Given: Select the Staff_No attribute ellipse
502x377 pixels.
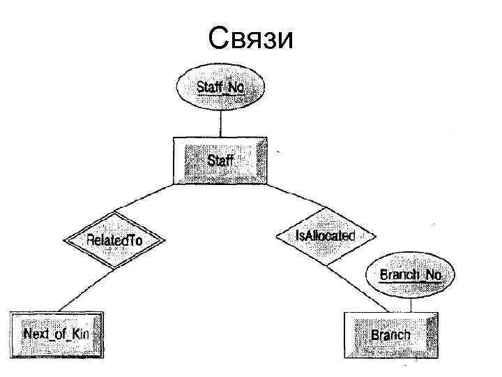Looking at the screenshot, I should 220,87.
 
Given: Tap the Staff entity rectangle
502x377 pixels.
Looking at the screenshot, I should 220,161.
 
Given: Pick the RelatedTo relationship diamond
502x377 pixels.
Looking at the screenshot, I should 114,240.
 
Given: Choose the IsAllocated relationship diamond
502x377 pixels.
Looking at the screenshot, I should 325,235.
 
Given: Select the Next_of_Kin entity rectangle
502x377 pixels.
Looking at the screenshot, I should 56,334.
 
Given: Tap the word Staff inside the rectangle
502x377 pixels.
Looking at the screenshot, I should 220,161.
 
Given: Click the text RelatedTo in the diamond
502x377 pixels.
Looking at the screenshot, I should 114,240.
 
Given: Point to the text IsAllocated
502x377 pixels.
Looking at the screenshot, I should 325,235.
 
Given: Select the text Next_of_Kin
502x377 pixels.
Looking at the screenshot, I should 56,334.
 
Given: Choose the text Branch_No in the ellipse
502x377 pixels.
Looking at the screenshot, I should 411,274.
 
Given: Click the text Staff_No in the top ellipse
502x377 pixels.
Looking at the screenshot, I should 220,87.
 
